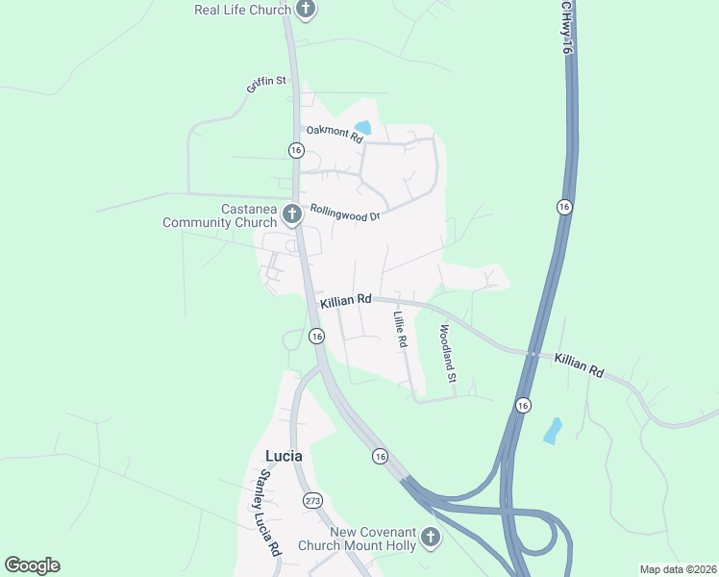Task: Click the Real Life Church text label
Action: click(242, 10)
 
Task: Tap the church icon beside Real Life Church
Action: click(306, 10)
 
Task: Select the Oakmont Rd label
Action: click(335, 135)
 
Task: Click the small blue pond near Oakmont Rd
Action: click(362, 127)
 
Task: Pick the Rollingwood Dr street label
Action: click(345, 213)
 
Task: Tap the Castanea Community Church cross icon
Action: click(291, 213)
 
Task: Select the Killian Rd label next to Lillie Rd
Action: click(346, 301)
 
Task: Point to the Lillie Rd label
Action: click(401, 329)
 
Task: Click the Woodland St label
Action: click(446, 353)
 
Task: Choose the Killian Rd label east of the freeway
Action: click(579, 364)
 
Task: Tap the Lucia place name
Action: click(284, 455)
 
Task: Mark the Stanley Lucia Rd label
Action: click(267, 513)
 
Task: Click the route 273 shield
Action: click(312, 500)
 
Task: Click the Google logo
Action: click(32, 565)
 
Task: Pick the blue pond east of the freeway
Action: click(553, 430)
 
